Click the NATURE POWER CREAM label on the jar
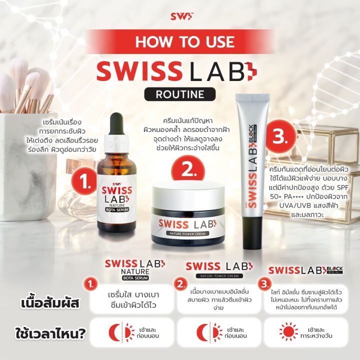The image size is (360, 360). tap(186, 233)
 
